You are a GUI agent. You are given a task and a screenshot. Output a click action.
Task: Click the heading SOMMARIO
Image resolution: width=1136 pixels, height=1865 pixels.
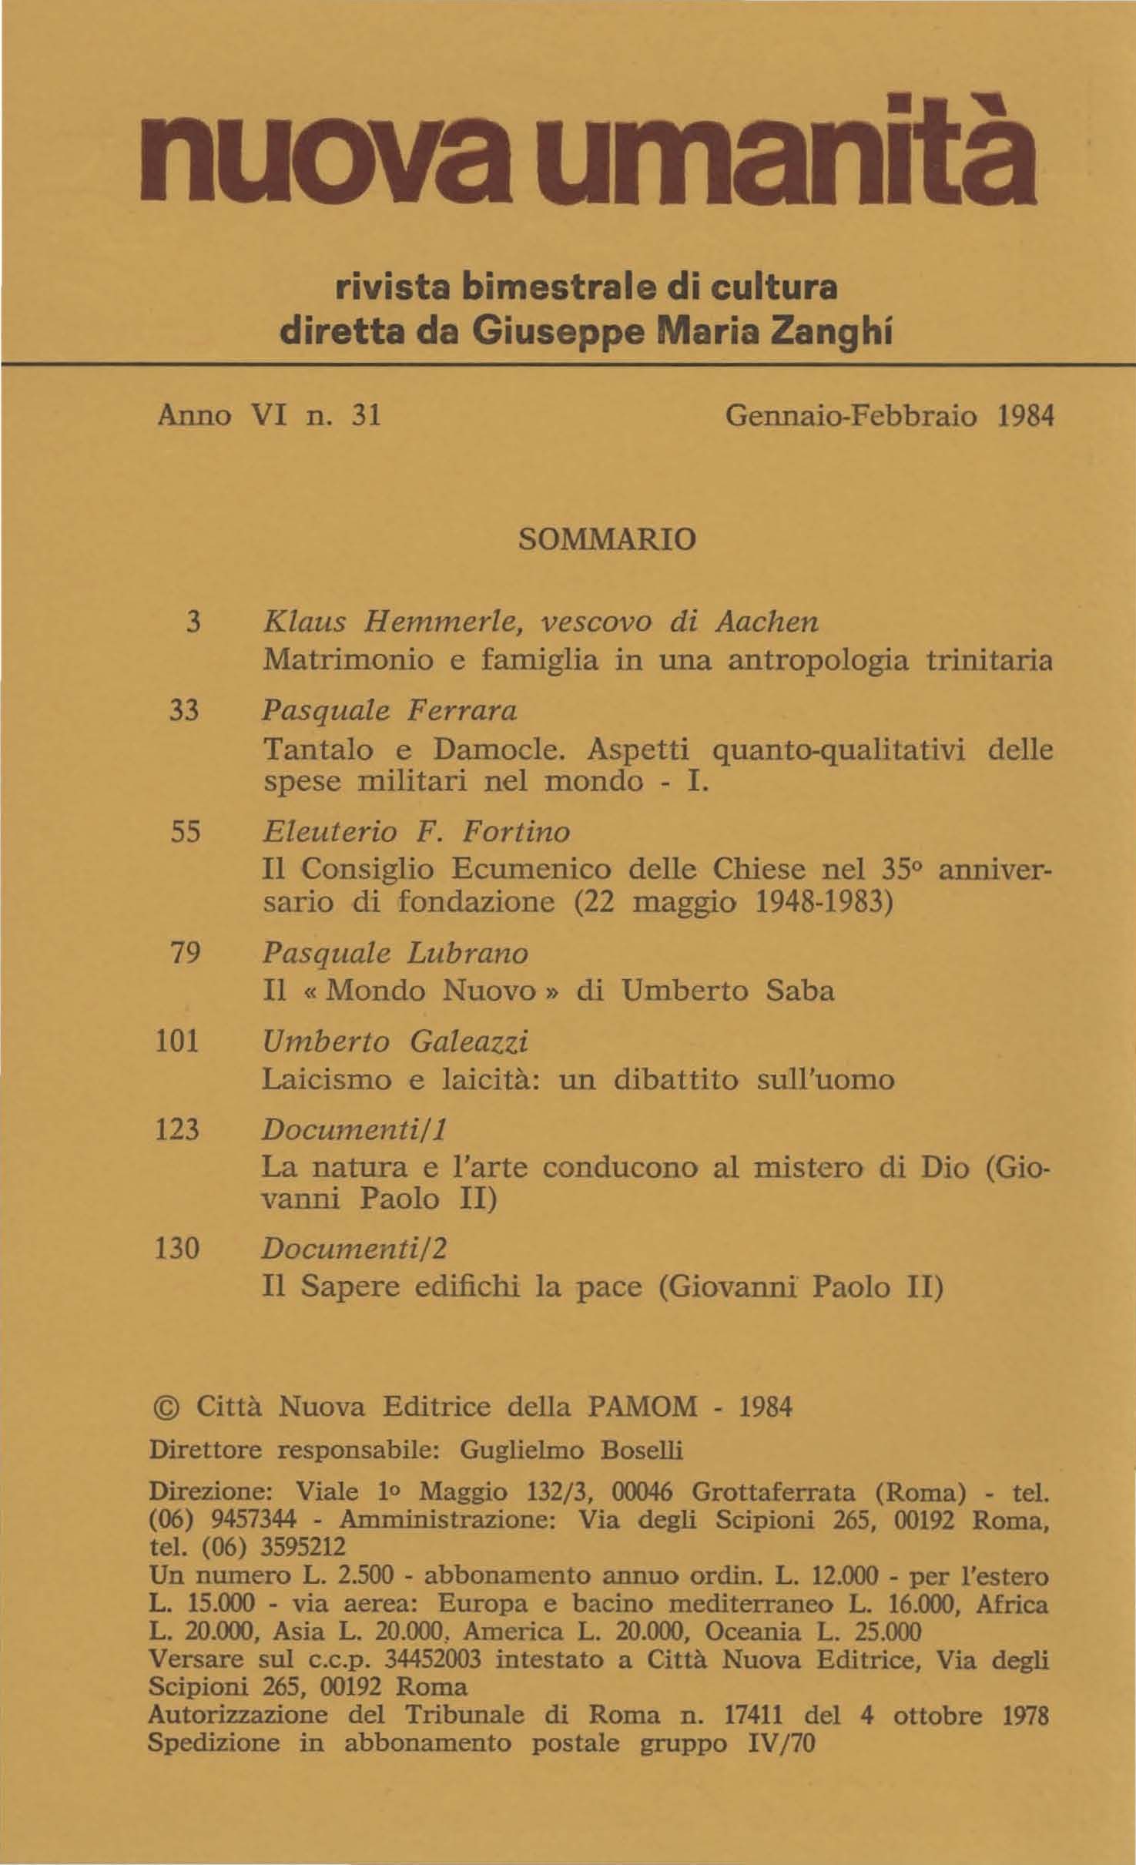(608, 539)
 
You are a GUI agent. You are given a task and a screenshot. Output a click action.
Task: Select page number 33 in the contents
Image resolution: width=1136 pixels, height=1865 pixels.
(184, 709)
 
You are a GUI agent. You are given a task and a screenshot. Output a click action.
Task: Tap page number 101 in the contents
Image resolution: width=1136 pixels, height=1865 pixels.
(178, 1042)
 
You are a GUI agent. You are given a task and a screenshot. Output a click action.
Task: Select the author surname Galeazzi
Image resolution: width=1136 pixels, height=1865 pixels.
(469, 1042)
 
